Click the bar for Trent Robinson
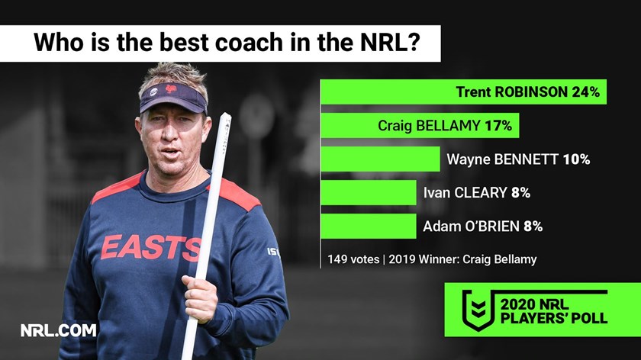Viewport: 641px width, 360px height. coord(464,92)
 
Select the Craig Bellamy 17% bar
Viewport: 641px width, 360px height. coord(420,125)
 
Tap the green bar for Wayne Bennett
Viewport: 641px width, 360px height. coord(381,159)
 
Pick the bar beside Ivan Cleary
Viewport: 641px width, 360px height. coord(369,192)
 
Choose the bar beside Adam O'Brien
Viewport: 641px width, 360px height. coord(369,226)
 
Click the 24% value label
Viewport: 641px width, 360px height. coord(585,92)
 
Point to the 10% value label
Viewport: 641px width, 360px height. coord(576,159)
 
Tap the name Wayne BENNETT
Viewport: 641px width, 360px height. coord(502,159)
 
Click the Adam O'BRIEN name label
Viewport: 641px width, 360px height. coord(471,226)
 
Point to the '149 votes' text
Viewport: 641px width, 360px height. coord(353,259)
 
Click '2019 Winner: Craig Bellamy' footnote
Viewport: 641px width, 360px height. coord(462,259)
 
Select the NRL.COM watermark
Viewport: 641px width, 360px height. coord(59,330)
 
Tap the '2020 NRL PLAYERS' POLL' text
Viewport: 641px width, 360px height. coord(554,311)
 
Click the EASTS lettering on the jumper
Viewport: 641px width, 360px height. coord(150,248)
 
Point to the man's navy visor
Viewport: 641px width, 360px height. coord(173,98)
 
